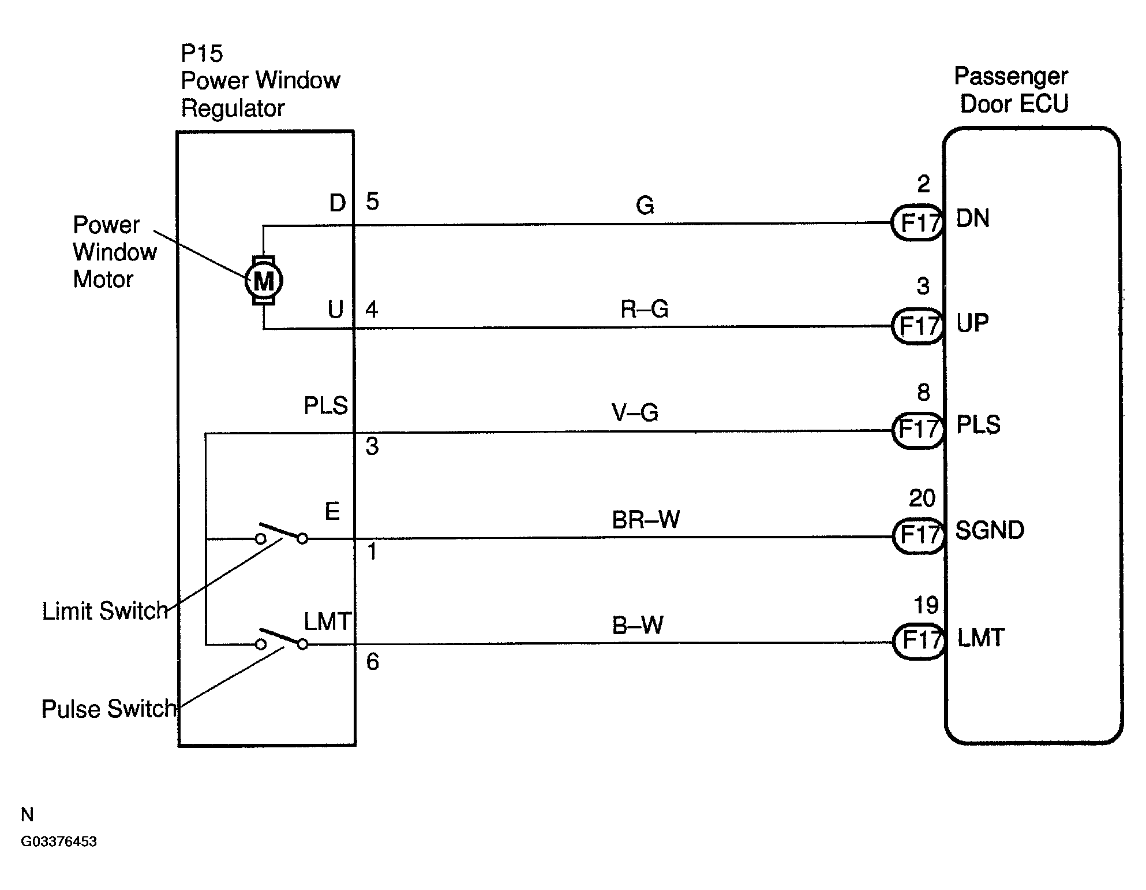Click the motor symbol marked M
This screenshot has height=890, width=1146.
(x=264, y=281)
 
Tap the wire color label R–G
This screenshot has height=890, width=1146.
(x=644, y=309)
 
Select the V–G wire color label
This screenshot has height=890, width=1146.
(x=635, y=412)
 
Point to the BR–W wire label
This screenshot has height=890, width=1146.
(x=646, y=520)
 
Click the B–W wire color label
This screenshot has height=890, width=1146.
(x=638, y=625)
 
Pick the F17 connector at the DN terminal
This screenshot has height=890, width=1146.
(x=917, y=222)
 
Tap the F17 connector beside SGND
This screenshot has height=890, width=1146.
(x=918, y=535)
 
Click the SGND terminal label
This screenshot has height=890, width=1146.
(x=990, y=530)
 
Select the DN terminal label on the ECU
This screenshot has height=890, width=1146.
(x=973, y=218)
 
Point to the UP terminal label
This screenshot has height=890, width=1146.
(x=972, y=323)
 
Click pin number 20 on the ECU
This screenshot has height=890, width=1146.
(x=922, y=498)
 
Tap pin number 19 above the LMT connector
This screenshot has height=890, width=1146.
(x=926, y=605)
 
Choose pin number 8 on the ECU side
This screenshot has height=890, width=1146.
(x=923, y=392)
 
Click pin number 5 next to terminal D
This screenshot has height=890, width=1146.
(x=372, y=201)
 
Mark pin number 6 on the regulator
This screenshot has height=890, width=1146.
(x=373, y=661)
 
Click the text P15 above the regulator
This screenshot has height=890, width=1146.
(x=201, y=53)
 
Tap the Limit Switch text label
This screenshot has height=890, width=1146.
(x=104, y=611)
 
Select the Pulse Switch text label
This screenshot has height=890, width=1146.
(x=108, y=709)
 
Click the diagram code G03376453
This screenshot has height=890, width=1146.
(x=59, y=841)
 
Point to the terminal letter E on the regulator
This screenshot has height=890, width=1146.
(x=332, y=511)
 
